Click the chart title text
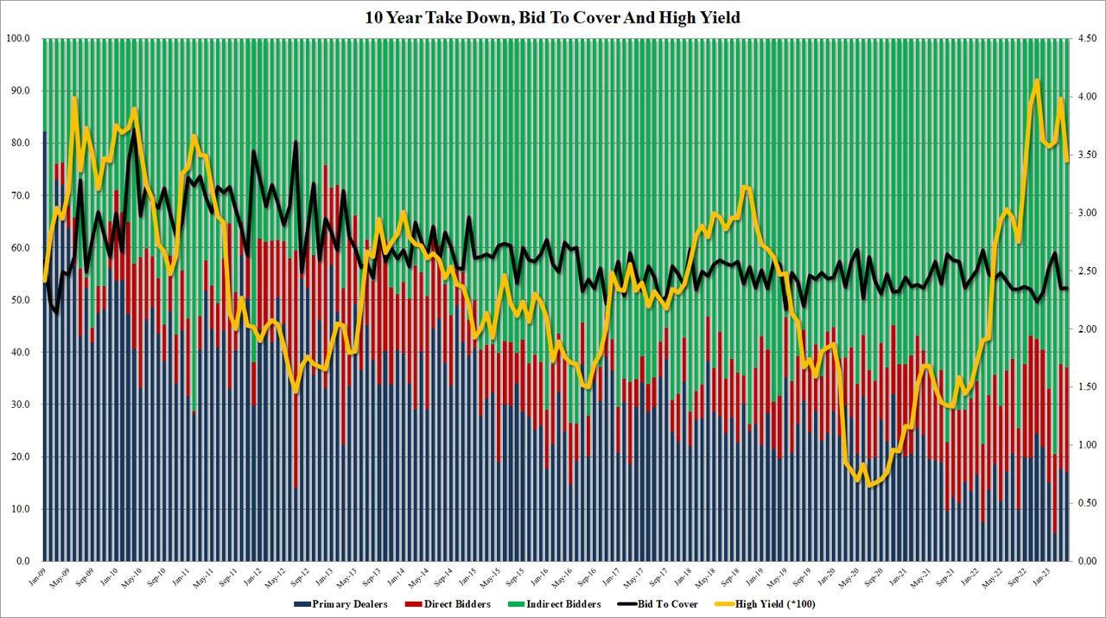click(553, 16)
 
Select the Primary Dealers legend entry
click(346, 604)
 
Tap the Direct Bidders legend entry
click(454, 604)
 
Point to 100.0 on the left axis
click(18, 39)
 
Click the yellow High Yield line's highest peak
click(1036, 80)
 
